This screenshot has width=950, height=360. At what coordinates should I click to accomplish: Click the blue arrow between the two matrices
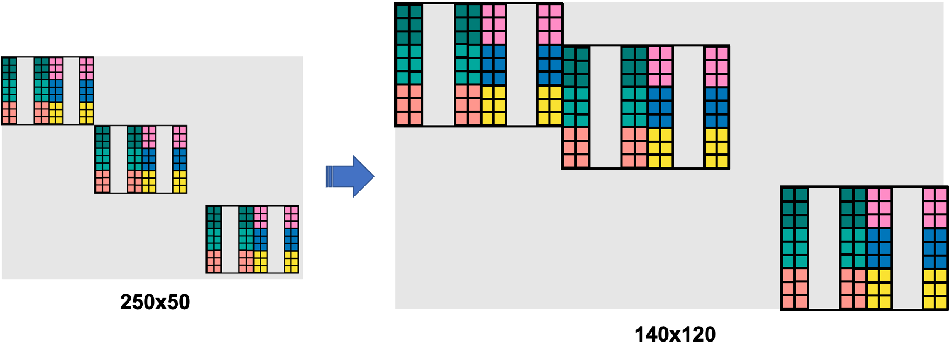351,176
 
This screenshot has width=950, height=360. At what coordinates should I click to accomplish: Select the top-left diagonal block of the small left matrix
47,91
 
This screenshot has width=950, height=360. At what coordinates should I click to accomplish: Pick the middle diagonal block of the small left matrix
140,160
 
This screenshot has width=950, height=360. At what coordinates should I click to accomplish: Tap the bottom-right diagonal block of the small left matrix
252,239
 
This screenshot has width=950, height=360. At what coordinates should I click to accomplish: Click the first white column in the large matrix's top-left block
438,65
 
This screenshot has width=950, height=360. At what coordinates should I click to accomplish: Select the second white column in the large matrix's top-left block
522,65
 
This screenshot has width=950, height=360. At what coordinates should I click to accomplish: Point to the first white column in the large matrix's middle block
605,107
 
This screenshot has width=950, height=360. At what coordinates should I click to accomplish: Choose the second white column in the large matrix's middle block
689,107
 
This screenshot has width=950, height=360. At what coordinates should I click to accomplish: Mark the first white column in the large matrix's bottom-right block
824,248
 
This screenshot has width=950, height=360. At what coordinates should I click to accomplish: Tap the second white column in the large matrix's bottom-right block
908,248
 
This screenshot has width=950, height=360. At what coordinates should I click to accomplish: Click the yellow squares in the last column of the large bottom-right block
935,289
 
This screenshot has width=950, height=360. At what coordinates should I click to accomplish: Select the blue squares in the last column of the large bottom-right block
935,248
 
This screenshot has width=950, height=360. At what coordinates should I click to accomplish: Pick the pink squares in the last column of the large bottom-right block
935,208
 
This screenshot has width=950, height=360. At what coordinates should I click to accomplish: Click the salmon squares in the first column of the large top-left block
409,105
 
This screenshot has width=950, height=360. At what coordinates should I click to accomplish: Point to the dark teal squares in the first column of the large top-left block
409,25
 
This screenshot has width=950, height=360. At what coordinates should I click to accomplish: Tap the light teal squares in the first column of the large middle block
575,107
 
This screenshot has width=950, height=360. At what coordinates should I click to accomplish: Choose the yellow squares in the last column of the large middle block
716,148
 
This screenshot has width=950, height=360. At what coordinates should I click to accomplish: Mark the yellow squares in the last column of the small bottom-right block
291,262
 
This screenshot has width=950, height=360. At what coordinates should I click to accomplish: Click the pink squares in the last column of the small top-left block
86,69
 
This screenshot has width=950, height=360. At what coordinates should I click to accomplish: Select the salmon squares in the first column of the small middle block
102,181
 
